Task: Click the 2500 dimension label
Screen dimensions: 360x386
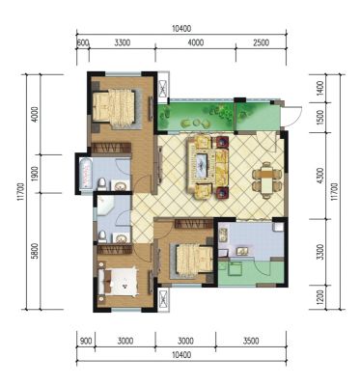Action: pos(261,42)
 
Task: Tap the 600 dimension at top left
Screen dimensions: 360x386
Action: pos(83,42)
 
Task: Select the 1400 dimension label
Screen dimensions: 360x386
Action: pos(319,89)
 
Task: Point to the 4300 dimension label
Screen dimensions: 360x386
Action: pos(319,176)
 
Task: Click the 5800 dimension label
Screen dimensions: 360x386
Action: pos(36,251)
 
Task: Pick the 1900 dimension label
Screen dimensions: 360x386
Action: pos(36,174)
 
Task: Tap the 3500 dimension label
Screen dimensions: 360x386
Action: pos(251,341)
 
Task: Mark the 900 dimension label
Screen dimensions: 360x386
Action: pos(86,341)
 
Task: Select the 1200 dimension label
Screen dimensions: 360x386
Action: pos(319,297)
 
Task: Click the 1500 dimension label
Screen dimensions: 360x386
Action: pos(319,118)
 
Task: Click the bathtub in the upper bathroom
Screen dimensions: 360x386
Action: pos(85,174)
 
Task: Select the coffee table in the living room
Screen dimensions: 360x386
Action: pos(202,166)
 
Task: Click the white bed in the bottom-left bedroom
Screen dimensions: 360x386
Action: pos(119,282)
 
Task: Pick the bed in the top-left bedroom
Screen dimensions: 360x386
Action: pos(113,105)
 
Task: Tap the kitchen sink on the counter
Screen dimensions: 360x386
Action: pos(241,251)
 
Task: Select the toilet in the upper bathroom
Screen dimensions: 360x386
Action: pos(102,184)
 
